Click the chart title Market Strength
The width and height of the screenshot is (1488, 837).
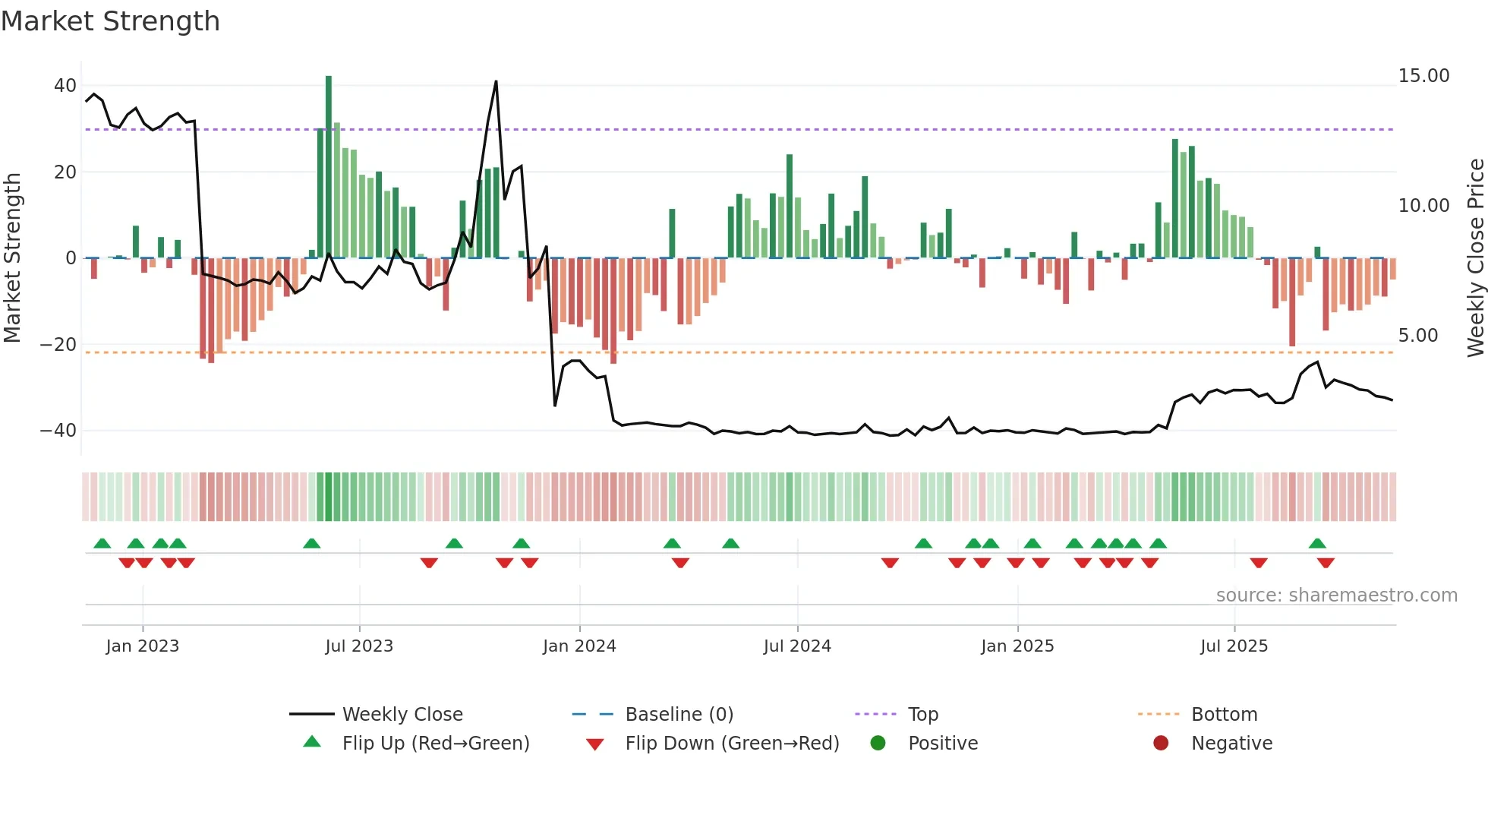pos(110,21)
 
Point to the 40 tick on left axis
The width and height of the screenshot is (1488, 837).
pos(65,86)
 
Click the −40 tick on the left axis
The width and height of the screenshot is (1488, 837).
pos(59,431)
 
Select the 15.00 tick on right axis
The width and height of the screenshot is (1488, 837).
pos(1423,76)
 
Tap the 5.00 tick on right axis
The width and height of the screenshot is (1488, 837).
pos(1417,336)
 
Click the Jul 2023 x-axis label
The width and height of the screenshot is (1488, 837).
pos(359,646)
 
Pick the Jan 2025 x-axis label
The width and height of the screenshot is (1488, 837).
pos(1017,646)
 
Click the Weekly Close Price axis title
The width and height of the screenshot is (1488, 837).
pos(1475,258)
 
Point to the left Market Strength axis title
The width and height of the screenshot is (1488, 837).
pos(13,258)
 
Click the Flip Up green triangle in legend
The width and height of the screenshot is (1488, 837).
pos(312,742)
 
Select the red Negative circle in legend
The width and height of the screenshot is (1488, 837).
pos(1161,743)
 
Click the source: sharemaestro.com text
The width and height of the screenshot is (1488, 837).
pos(1336,595)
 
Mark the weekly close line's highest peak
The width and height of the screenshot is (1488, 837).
pos(496,82)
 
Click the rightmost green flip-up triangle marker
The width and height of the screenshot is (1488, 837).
pos(1317,543)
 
